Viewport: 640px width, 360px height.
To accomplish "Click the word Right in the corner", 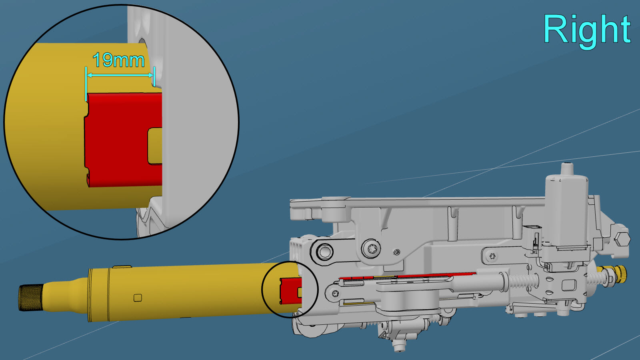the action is pos(587,30).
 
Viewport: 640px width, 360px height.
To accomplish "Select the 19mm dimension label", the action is pos(118,60).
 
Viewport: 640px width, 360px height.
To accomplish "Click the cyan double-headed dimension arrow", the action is pos(120,75).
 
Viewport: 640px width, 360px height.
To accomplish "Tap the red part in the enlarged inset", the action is pos(123,140).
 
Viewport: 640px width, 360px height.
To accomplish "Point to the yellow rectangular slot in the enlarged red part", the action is pos(155,146).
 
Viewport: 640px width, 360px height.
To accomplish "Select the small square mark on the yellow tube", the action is pos(138,298).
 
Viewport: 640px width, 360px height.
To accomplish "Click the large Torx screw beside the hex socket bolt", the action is pos(371,249).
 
